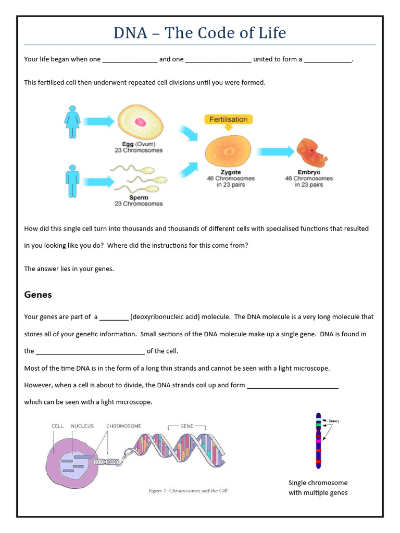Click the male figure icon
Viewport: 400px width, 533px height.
tap(72, 182)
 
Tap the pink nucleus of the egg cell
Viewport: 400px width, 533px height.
tap(140, 122)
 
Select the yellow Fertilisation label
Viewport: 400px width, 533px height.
tap(228, 119)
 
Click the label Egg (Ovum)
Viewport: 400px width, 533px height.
tap(139, 144)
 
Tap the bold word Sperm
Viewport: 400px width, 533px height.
tap(139, 198)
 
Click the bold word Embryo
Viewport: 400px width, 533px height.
tap(309, 172)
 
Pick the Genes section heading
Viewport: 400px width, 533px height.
tap(38, 295)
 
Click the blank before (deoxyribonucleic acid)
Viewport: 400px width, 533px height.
tap(114, 317)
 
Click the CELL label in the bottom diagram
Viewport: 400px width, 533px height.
tap(57, 426)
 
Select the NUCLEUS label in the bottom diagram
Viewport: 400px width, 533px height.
tap(82, 426)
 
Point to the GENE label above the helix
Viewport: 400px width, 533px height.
tap(186, 426)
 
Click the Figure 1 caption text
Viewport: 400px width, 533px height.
tap(188, 490)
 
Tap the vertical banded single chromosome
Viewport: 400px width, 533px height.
tap(318, 440)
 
